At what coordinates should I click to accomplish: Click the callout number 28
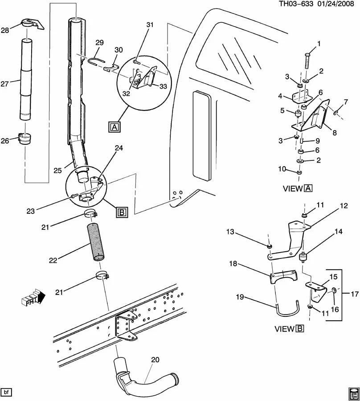pyautogui.click(x=5, y=30)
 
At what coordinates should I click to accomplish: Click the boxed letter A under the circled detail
pyautogui.click(x=114, y=127)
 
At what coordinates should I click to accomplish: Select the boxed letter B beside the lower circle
pyautogui.click(x=122, y=213)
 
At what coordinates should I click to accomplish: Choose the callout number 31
pyautogui.click(x=149, y=25)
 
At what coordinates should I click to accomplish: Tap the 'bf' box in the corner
pyautogui.click(x=7, y=392)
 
